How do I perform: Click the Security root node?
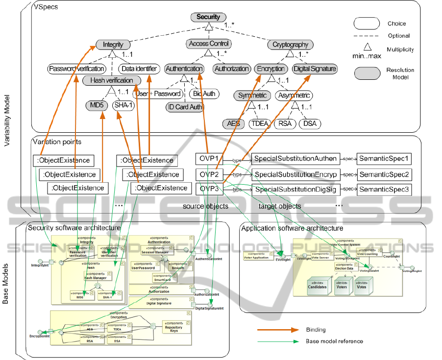[208, 17]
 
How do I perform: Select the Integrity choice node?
[113, 45]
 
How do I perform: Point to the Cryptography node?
[291, 45]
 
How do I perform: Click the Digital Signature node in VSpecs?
[315, 69]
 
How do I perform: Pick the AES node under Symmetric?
[233, 123]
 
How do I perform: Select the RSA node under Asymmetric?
[285, 123]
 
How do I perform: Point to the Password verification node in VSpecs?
[77, 69]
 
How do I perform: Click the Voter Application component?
[256, 256]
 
